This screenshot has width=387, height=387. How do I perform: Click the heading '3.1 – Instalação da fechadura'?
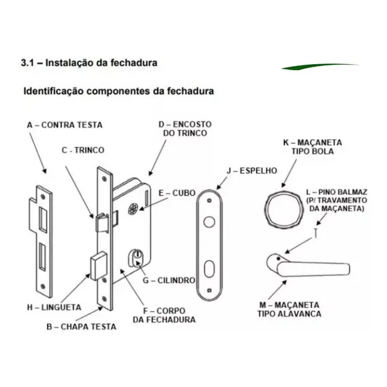89,63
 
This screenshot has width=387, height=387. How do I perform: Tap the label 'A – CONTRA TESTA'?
65,125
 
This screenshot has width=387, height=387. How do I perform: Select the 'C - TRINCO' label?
83,150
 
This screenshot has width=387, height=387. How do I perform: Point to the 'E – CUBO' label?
177,193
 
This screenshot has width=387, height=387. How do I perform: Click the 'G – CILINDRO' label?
169,281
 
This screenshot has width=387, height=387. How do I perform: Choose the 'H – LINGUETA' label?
54,307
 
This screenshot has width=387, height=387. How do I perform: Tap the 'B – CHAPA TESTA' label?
81,327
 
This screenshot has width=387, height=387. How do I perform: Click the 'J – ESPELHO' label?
251,170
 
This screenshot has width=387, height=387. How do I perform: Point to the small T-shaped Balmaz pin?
315,233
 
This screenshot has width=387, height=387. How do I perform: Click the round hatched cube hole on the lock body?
133,209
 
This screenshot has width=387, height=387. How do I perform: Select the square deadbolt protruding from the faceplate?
99,266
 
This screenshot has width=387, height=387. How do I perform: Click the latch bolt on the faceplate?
102,223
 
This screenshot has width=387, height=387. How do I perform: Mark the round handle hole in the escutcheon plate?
209,222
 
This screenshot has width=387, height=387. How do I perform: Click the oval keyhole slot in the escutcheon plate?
209,268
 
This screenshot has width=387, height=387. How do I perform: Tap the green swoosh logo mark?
320,66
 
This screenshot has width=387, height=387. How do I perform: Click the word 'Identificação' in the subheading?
53,91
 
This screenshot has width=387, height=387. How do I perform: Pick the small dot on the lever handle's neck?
279,259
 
